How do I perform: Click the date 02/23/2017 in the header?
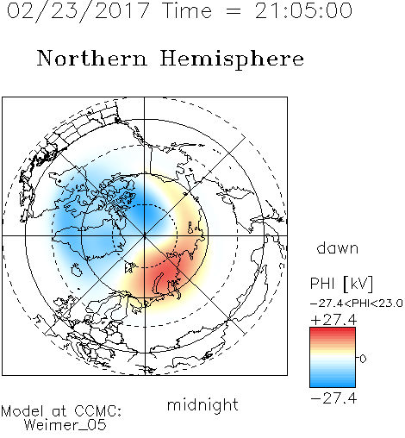78,11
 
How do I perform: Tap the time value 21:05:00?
303,10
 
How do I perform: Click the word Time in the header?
187,10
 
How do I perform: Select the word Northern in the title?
92,59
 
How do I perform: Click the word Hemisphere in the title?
232,59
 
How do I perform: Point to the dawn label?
338,247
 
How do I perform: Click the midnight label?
202,404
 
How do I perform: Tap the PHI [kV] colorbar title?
341,283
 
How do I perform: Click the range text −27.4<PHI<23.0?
357,303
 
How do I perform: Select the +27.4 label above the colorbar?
333,320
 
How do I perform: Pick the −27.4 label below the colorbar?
333,398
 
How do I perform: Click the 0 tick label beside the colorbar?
363,359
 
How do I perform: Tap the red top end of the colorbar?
333,329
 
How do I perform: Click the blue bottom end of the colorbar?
333,385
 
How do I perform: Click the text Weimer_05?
65,425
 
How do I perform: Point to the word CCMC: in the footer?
98,410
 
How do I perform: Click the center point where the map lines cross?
144,235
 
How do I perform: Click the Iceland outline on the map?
76,270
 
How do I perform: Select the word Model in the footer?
22,410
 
